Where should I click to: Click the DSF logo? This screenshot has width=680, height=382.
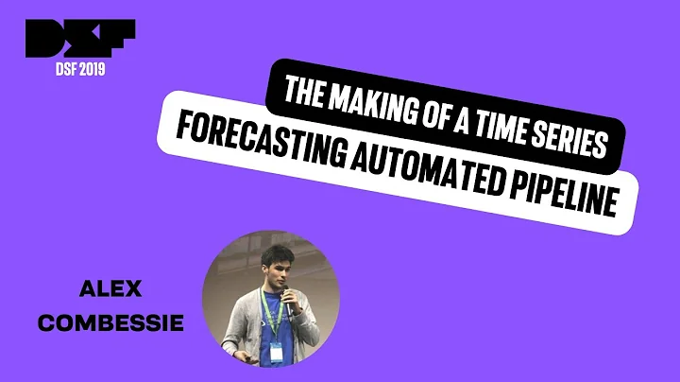(81, 39)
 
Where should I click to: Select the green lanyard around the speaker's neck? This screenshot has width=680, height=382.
(273, 327)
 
